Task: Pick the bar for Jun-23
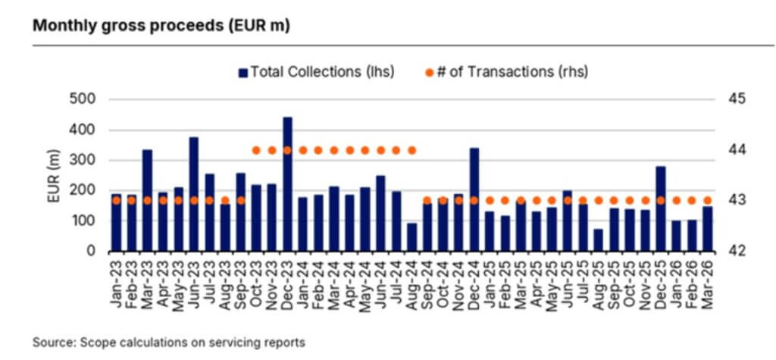click(194, 194)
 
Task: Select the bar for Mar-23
click(147, 200)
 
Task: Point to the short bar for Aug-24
click(411, 236)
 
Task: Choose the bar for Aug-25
click(599, 239)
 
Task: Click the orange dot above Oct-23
click(256, 150)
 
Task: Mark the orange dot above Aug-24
click(411, 150)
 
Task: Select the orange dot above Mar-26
click(708, 200)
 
